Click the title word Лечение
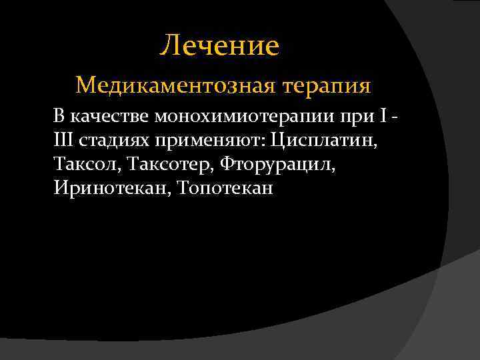point(220,45)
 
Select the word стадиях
point(115,141)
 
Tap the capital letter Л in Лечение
point(170,46)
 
